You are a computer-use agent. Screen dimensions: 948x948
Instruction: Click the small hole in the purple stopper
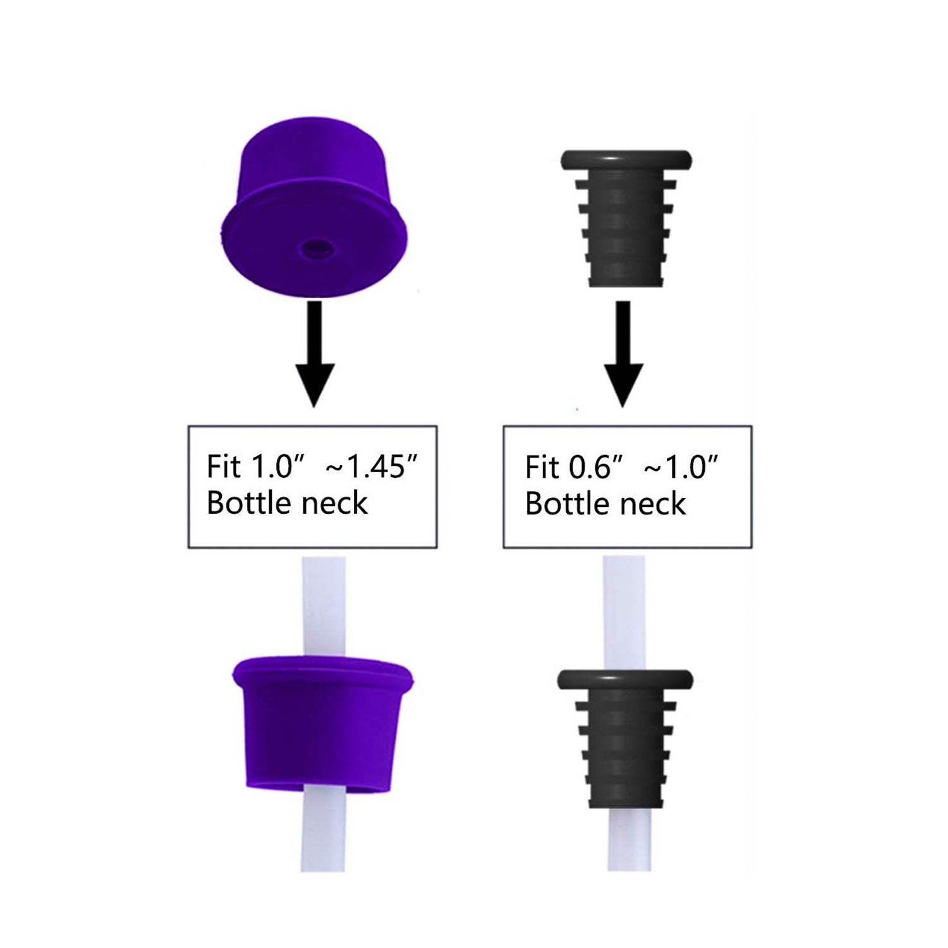click(x=317, y=249)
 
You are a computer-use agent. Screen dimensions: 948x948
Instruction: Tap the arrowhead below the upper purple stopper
click(x=314, y=384)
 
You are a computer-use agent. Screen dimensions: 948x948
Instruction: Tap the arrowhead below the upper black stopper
click(x=623, y=384)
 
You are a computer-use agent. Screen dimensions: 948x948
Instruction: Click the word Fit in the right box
click(x=542, y=467)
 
